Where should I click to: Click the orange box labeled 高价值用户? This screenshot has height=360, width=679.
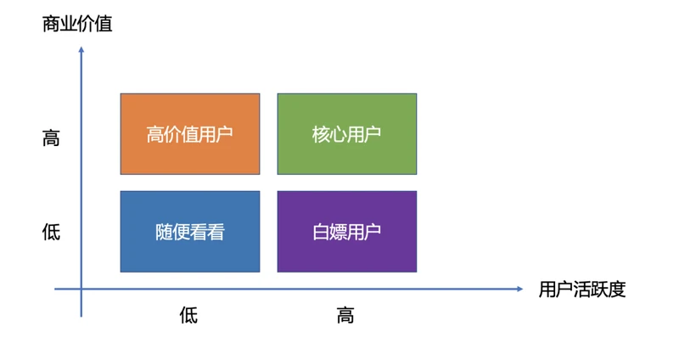[190, 134]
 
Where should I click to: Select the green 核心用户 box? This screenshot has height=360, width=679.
[347, 134]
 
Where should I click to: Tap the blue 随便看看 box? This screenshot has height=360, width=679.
[190, 231]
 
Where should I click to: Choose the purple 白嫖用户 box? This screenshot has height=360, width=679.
[347, 231]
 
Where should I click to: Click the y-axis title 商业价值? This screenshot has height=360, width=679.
[77, 24]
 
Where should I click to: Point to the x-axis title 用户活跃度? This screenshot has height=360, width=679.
[582, 290]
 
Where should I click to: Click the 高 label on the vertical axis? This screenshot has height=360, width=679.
[51, 138]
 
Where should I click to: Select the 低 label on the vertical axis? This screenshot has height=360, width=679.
[51, 232]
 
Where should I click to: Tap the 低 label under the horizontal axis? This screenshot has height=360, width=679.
[188, 315]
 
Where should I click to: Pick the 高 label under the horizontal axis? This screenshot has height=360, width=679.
[345, 315]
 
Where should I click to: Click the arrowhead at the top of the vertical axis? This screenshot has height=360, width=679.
[81, 50]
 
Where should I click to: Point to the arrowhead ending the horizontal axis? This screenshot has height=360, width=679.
[520, 289]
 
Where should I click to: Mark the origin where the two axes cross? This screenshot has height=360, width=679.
[81, 289]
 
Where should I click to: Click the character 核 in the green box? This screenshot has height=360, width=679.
[321, 134]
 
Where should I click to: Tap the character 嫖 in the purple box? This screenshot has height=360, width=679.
[338, 232]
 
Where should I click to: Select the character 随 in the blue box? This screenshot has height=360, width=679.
[164, 232]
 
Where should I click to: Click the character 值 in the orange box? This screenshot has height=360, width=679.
[189, 134]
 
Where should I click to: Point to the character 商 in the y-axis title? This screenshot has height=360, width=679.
[51, 24]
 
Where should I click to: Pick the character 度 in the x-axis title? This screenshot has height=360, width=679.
[617, 290]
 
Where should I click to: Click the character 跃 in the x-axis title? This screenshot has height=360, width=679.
[600, 290]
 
